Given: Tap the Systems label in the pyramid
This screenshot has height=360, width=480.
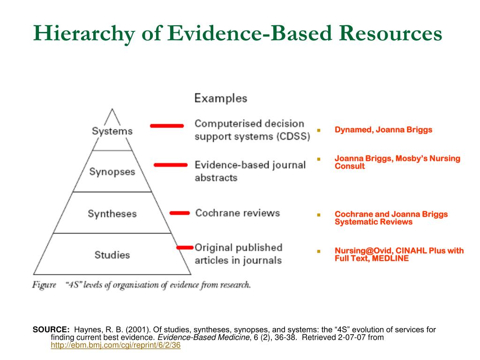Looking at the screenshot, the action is coord(112,131).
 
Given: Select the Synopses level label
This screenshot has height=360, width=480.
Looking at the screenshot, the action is coord(112,172).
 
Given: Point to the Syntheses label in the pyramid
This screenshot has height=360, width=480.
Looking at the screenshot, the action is coord(112,214).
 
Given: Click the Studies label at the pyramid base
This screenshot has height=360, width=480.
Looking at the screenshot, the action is coord(112,255).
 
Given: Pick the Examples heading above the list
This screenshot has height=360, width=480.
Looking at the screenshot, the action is coord(221,98).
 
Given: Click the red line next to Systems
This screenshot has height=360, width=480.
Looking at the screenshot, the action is coord(166,126).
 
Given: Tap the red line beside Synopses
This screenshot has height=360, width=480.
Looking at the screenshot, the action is coord(171,165).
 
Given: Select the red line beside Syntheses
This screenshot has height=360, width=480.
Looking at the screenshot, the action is coord(180,213).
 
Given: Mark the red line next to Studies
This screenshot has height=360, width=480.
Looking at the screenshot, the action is coord(185,247).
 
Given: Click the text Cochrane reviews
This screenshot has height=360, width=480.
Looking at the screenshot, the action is coord(237,213).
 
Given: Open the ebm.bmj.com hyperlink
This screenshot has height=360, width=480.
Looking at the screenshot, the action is coord(115,345).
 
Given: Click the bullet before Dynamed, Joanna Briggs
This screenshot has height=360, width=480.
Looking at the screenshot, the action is coord(318,130).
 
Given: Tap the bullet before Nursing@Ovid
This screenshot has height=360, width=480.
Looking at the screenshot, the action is coord(318,251).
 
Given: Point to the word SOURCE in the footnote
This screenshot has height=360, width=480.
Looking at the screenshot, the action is coord(51,330).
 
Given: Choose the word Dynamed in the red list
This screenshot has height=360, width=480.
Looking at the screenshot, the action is coord(352,130).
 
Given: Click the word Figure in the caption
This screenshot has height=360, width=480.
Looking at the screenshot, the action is coord(44,285).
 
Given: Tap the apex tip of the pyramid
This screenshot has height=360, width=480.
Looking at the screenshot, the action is coord(112,109).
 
